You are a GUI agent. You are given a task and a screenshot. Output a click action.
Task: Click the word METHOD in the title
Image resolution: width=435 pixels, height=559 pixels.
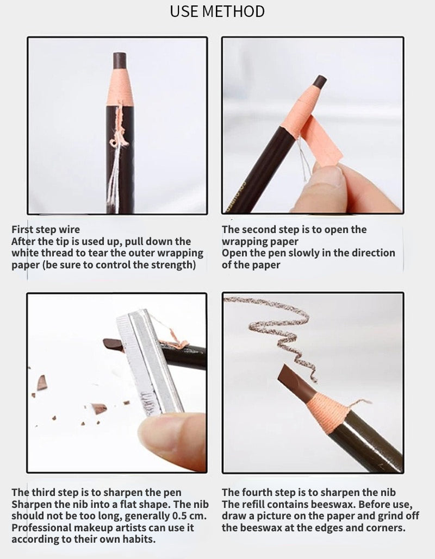tap(233, 11)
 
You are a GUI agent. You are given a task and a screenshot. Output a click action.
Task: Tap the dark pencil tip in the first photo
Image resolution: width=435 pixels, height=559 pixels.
tap(120, 60)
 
